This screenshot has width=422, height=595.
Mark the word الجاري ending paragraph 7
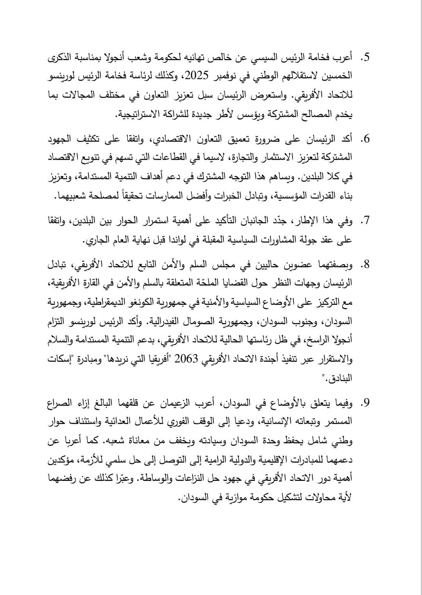[x=98, y=240]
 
